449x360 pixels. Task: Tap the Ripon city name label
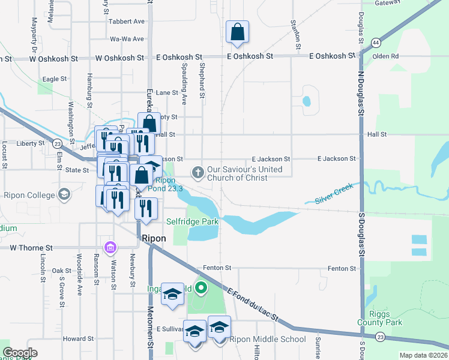click(x=153, y=238)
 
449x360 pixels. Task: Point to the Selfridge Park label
click(x=192, y=222)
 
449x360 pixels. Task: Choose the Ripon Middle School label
click(x=268, y=339)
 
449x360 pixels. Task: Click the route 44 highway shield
click(x=375, y=43)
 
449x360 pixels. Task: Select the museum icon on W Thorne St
click(x=110, y=247)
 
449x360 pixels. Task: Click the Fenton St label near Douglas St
click(x=342, y=268)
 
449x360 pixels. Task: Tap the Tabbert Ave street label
click(x=127, y=21)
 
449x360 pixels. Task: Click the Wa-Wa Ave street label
click(x=127, y=39)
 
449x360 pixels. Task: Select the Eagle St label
click(x=54, y=79)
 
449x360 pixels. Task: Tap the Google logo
click(x=20, y=353)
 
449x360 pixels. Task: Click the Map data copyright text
click(x=423, y=355)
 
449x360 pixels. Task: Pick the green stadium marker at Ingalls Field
click(x=201, y=289)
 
